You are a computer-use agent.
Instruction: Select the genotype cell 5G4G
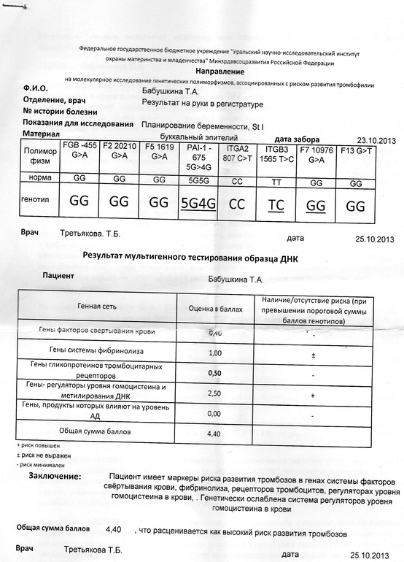coord(198,204)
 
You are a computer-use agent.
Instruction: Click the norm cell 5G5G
coord(198,179)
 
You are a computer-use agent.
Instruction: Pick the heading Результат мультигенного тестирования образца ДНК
coord(192,257)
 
